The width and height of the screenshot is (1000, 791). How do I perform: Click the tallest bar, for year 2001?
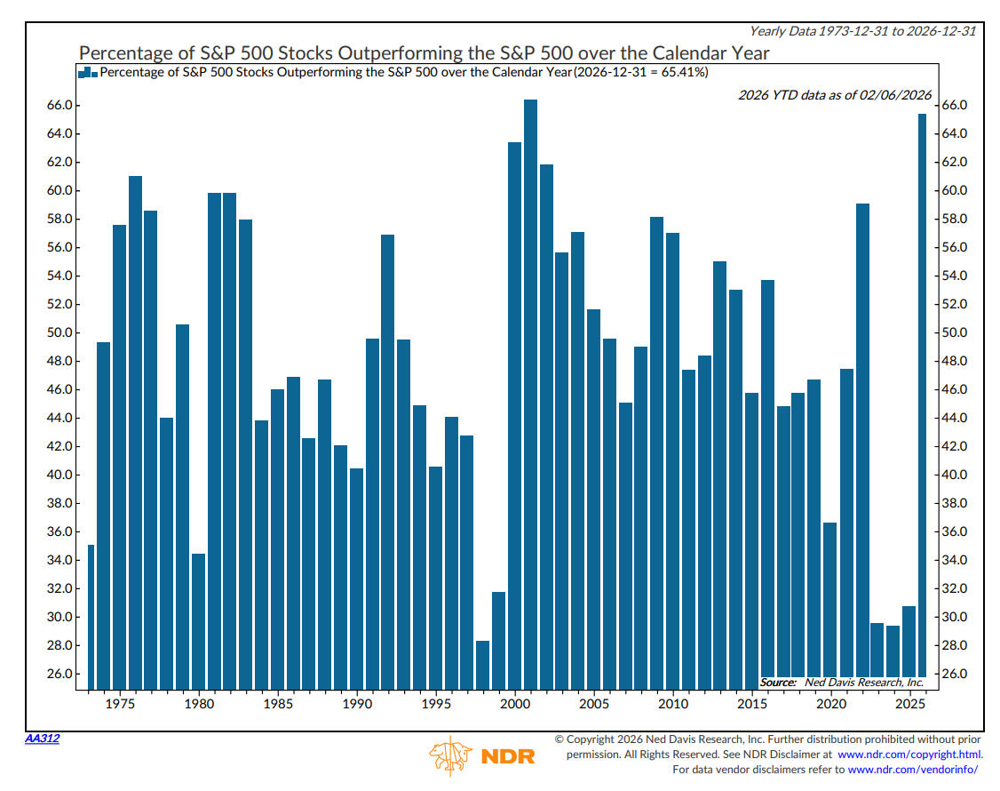[x=530, y=391]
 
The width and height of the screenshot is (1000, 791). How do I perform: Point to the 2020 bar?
[x=830, y=604]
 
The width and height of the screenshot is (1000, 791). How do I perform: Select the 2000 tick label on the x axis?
[x=514, y=704]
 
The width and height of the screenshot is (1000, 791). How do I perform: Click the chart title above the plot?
[x=424, y=53]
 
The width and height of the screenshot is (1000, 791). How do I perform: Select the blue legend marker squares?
[x=88, y=72]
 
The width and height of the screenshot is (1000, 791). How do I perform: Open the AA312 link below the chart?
[x=41, y=739]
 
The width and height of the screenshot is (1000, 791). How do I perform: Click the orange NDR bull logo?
[x=451, y=756]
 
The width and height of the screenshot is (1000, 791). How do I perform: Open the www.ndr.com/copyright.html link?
[x=909, y=754]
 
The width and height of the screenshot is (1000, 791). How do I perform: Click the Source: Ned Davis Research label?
[x=842, y=683]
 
